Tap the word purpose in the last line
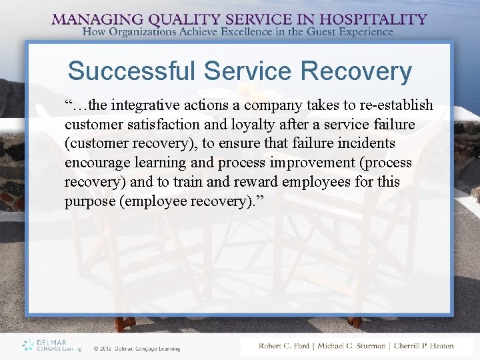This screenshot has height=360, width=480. (x=89, y=201)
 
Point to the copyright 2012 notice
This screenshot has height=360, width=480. (x=137, y=348)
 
